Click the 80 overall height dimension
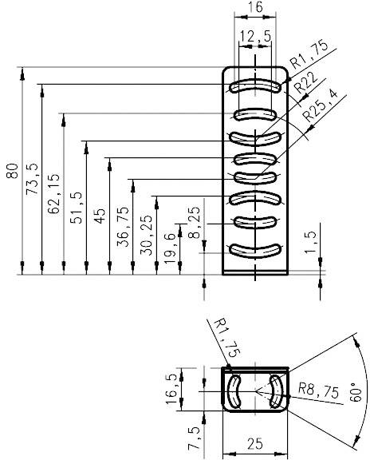tap(11, 172)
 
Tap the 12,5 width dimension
tap(254, 36)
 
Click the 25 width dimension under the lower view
tap(254, 444)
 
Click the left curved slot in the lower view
tap(236, 391)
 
